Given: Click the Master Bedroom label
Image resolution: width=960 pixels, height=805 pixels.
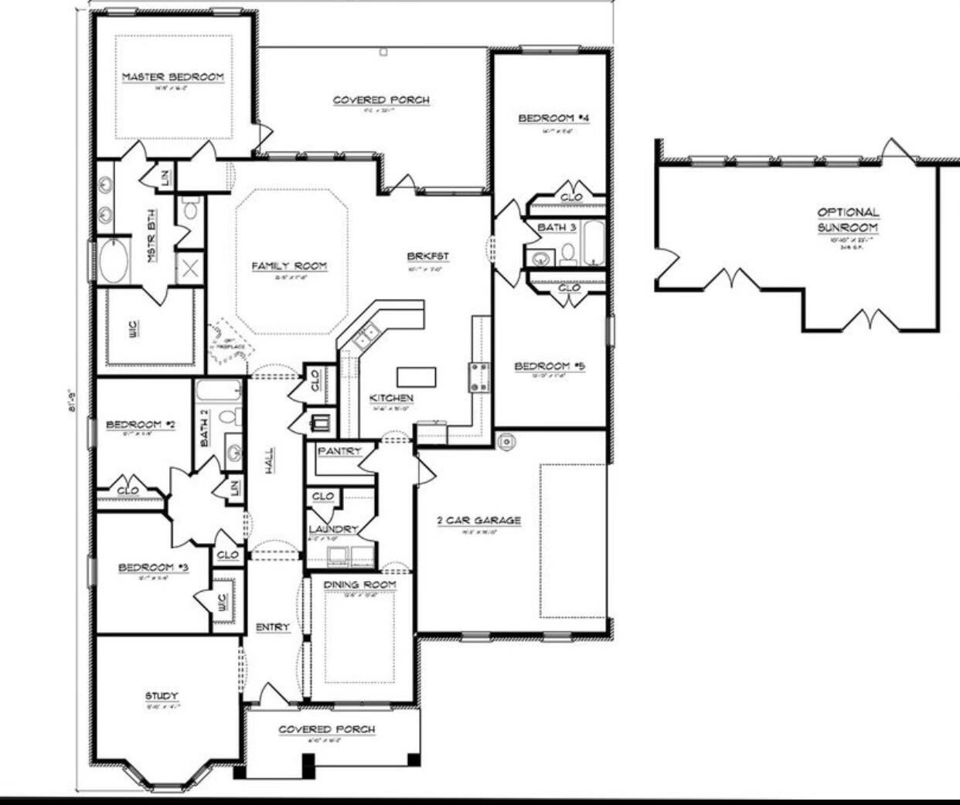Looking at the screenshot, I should pos(173,77).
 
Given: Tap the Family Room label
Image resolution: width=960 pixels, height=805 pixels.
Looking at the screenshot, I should pos(289,266).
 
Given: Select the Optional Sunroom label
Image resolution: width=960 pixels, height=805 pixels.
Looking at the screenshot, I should pos(848,219).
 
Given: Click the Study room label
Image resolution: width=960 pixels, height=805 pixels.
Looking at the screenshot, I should pos(162,696).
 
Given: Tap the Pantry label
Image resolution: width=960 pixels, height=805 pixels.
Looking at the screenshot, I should pos(340,450).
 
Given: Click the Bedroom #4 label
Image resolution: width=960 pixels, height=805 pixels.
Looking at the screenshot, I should pos(553,118).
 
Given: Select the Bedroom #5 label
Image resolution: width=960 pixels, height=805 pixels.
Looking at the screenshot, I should pos(550,366).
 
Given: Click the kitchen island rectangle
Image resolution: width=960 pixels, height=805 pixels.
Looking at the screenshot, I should pos(417,377).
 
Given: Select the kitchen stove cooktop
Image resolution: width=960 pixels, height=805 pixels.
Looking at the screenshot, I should pos(478,377).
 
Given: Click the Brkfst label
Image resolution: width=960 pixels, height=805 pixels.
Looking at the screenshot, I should pos(428,256).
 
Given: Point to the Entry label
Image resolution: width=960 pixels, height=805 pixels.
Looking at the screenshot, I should pos(273,627).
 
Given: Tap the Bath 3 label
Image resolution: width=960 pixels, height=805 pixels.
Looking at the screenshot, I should pos(557,227).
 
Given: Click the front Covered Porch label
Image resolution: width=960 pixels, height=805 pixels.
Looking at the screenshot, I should pos(326,729).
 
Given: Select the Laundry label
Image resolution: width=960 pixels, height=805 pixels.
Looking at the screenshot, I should pos(333,529).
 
